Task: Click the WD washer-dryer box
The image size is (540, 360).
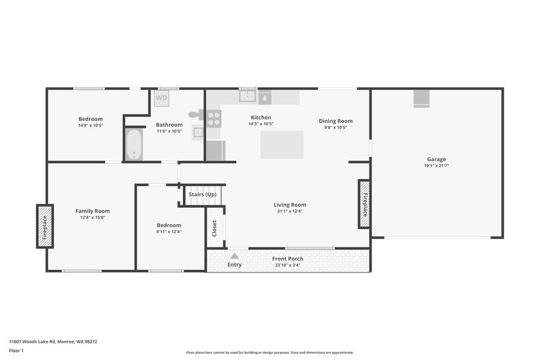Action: point(162,98)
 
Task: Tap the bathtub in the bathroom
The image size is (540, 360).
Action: point(133,144)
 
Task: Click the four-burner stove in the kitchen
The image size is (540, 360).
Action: point(214,118)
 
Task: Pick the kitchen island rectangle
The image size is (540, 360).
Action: point(282,145)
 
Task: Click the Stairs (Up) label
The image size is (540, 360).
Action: point(202,195)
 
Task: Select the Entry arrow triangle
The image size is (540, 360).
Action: point(234,255)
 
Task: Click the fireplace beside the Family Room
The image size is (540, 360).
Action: point(44,226)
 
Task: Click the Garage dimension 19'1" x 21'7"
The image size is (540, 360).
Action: point(437,166)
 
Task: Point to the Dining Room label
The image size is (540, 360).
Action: point(336,121)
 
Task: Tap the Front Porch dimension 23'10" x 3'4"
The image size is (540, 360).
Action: point(288,265)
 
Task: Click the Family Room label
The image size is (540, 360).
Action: point(93,211)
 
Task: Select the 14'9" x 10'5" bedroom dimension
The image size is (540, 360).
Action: point(90,125)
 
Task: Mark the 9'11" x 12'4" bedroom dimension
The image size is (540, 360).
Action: point(169,232)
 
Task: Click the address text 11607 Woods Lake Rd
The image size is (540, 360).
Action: point(53,342)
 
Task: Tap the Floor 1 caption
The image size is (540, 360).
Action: point(16,351)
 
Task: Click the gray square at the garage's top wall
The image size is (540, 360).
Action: point(422,98)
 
